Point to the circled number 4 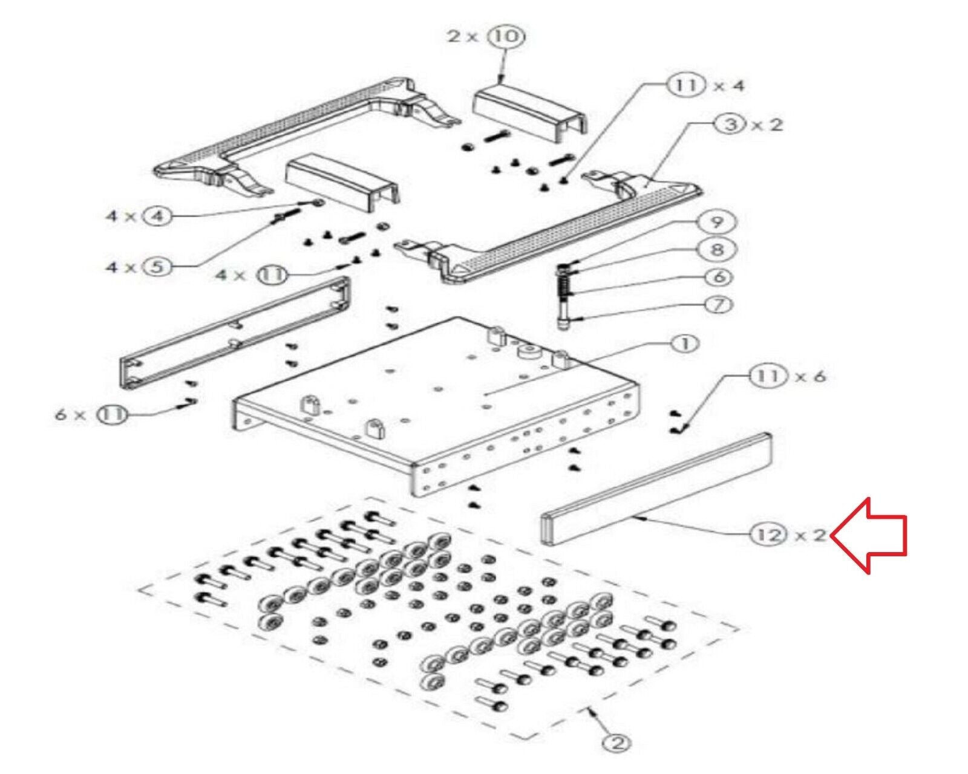(x=157, y=216)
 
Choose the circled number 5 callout (x=157, y=267)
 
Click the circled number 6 (x=718, y=277)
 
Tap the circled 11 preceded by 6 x (x=112, y=415)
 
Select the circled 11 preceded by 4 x (x=272, y=275)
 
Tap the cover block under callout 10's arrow (x=531, y=114)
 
